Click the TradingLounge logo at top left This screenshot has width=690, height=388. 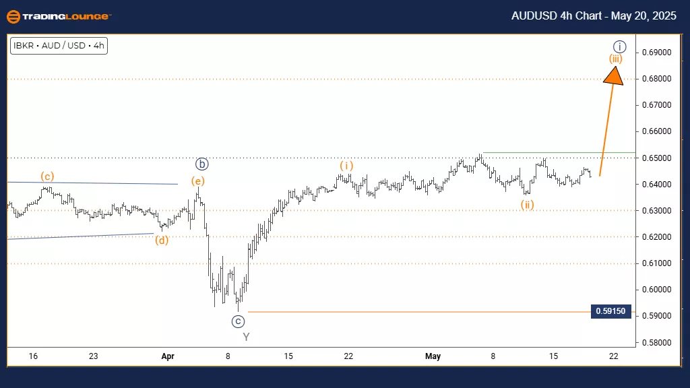coord(57,16)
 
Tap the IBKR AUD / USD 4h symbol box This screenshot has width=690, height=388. coord(59,46)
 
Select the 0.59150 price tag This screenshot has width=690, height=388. coord(610,311)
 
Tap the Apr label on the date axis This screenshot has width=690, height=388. coord(168,356)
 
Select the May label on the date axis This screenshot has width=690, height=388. coord(433,356)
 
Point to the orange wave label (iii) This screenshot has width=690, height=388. coord(615,59)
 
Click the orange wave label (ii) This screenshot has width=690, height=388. coord(527,205)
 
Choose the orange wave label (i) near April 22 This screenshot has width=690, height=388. coord(346,165)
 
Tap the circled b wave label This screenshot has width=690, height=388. coord(201,164)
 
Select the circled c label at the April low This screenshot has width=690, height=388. coord(238,321)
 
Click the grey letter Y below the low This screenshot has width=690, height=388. coord(246,337)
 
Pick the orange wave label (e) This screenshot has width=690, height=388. coord(198,180)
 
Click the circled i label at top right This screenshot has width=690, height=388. coord(621,46)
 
